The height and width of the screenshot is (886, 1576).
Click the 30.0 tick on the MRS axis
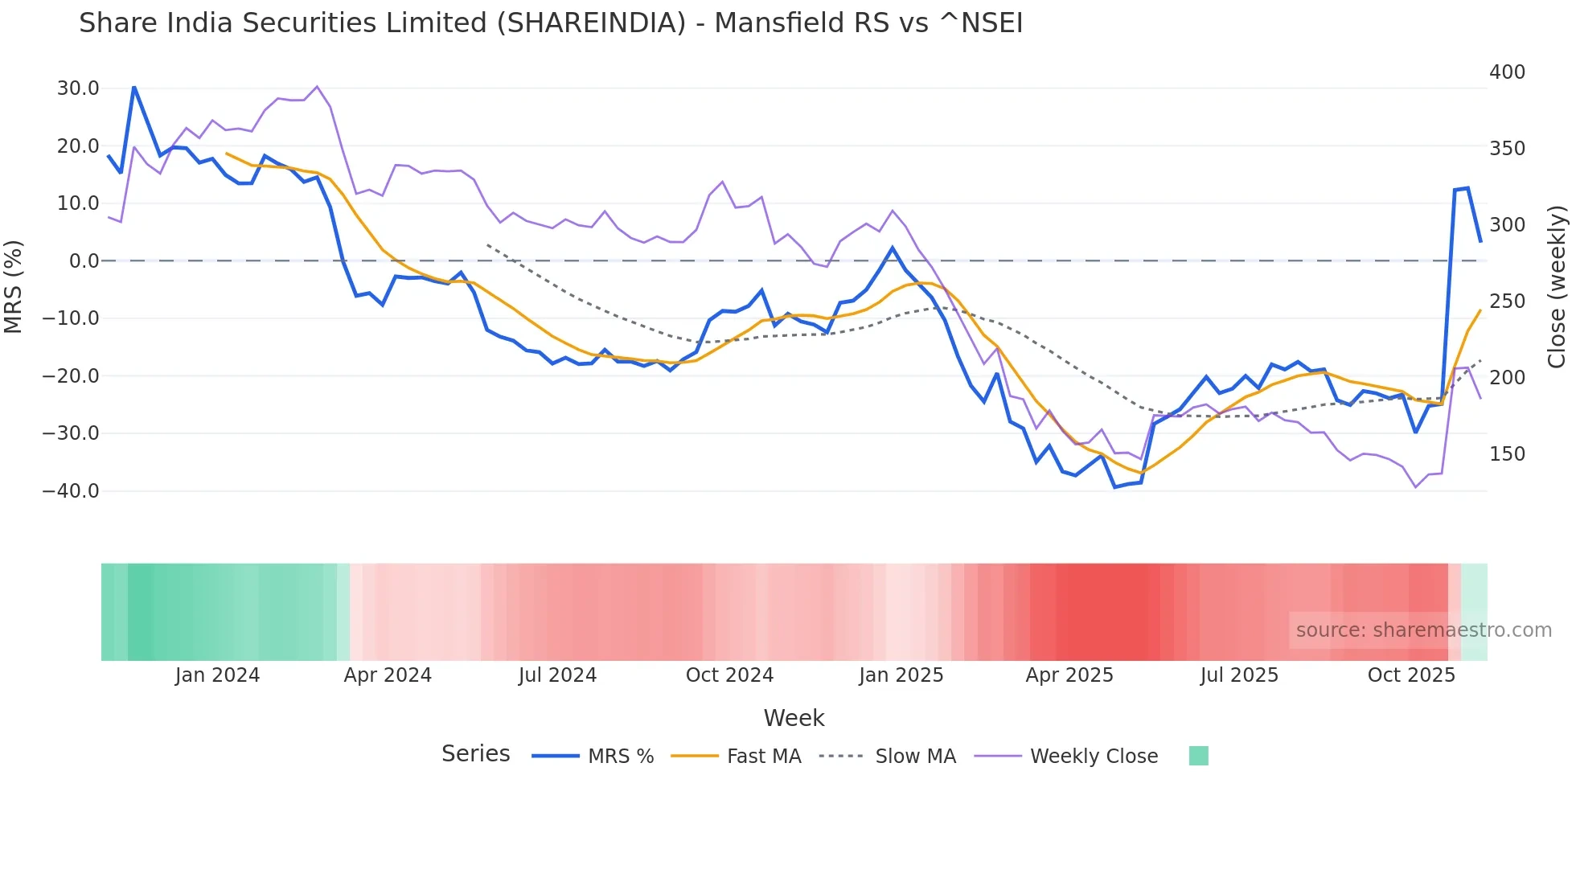tap(77, 88)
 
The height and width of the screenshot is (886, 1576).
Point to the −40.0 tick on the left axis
tap(71, 490)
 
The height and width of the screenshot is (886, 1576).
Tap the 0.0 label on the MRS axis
tap(84, 261)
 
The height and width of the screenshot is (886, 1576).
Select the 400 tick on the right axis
tap(1507, 72)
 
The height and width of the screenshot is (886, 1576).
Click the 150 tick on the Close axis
tap(1507, 454)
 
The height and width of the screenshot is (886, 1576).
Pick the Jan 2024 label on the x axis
tap(217, 675)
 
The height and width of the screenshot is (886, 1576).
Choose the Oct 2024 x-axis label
tap(729, 675)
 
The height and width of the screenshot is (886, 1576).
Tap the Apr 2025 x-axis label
tap(1069, 675)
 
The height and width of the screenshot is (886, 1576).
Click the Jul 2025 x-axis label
tap(1239, 675)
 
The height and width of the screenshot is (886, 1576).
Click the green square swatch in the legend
tap(1198, 756)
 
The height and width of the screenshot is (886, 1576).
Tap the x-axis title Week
tap(794, 718)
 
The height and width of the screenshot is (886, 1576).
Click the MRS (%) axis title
tap(14, 286)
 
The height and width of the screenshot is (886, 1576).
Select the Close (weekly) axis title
tap(1558, 286)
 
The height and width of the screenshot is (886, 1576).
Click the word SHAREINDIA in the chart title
tap(591, 23)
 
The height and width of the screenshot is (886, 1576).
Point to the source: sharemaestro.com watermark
tap(1423, 630)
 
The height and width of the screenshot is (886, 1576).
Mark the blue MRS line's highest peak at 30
tap(133, 87)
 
